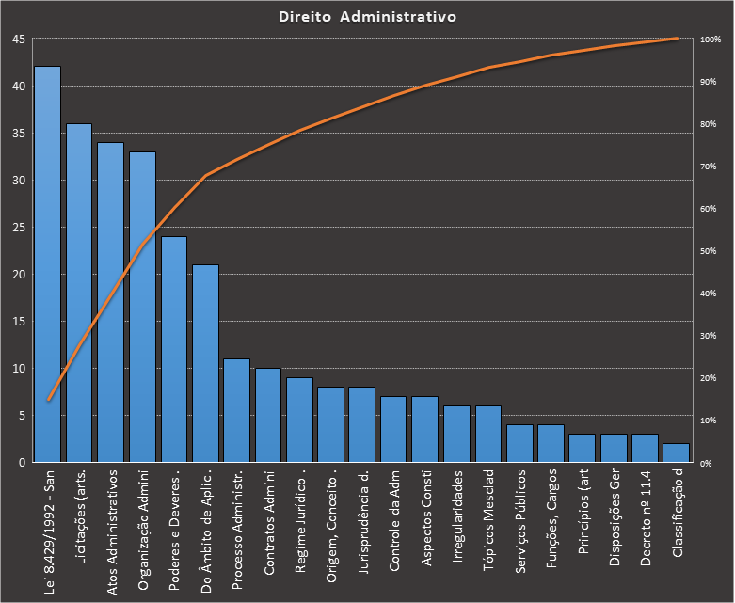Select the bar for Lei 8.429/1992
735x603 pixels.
click(x=48, y=264)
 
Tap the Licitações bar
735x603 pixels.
click(x=79, y=293)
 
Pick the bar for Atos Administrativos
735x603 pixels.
click(x=110, y=302)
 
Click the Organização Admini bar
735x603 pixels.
click(x=142, y=307)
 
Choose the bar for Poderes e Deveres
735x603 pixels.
click(x=173, y=349)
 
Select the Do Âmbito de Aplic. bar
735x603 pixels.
click(x=205, y=363)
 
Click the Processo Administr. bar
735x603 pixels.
click(x=236, y=410)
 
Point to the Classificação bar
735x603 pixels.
click(x=676, y=452)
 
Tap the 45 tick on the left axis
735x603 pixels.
click(x=19, y=40)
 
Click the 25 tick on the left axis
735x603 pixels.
click(x=19, y=228)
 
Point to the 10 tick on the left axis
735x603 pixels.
click(x=19, y=369)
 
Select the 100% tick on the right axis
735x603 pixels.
click(x=711, y=40)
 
